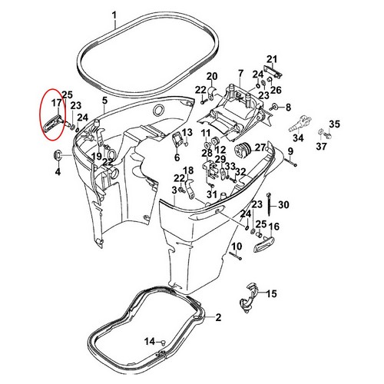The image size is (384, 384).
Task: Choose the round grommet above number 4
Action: pyautogui.click(x=57, y=156)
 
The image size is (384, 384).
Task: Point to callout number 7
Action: pyautogui.click(x=240, y=73)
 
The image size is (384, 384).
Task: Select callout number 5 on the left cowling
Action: pyautogui.click(x=104, y=100)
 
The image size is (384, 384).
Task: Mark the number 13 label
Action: pyautogui.click(x=187, y=134)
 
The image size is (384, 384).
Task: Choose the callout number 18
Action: pyautogui.click(x=188, y=170)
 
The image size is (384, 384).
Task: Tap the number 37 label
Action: pyautogui.click(x=323, y=146)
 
